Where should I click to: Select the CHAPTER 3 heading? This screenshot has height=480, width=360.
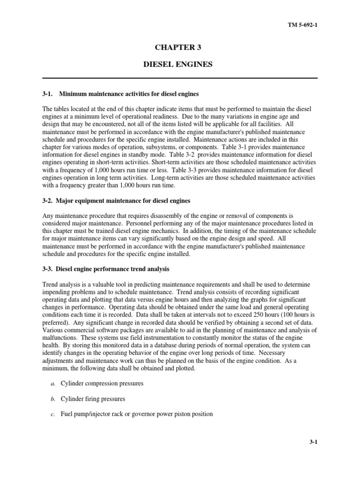pos(180,47)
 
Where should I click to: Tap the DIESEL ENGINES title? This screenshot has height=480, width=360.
pos(180,64)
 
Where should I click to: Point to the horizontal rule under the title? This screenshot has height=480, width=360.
pos(180,78)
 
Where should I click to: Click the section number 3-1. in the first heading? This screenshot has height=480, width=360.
pos(48,94)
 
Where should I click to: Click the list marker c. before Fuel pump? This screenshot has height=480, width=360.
pos(53,414)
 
